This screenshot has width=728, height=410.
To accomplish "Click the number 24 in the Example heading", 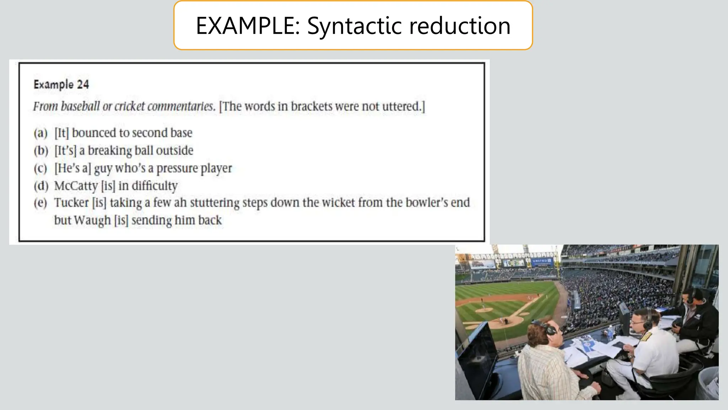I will (82, 85).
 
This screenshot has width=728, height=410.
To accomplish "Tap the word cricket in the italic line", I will (129, 106).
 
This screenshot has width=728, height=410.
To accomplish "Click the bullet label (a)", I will (41, 133).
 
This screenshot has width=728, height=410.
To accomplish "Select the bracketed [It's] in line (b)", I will (65, 151).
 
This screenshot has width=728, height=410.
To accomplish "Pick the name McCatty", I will (76, 186).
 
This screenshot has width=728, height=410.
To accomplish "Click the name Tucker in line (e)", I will (71, 203).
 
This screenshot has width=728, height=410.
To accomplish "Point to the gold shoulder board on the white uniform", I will (646, 337).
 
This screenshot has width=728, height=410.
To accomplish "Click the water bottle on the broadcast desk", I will (610, 332).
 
